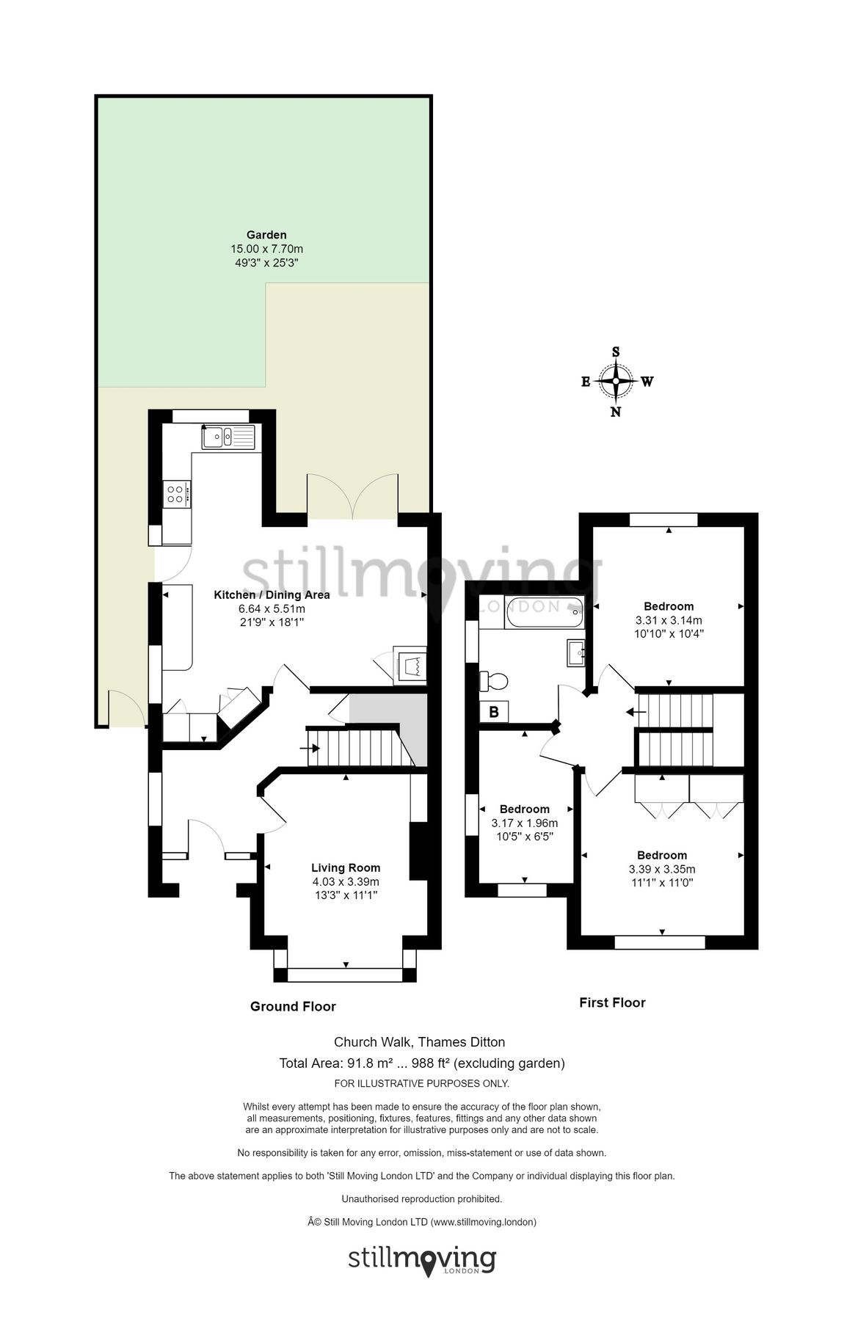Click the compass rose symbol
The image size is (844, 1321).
pyautogui.click(x=615, y=381)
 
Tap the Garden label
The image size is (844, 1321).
pyautogui.click(x=266, y=235)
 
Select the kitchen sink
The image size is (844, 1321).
pyautogui.click(x=228, y=437)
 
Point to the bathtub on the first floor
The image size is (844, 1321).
pyautogui.click(x=543, y=613)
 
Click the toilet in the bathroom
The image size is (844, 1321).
pyautogui.click(x=493, y=681)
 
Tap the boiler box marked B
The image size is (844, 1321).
pyautogui.click(x=494, y=711)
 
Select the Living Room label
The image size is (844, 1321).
pyautogui.click(x=345, y=867)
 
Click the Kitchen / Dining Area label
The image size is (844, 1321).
pyautogui.click(x=272, y=594)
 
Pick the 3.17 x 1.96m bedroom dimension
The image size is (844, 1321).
pyautogui.click(x=524, y=823)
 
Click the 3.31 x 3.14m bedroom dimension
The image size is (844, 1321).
pyautogui.click(x=669, y=619)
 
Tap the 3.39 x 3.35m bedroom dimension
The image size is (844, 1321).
pyautogui.click(x=661, y=869)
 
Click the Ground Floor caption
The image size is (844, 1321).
pyautogui.click(x=293, y=1006)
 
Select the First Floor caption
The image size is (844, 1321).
pyautogui.click(x=612, y=1002)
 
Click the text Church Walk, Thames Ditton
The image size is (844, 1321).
pyautogui.click(x=419, y=1041)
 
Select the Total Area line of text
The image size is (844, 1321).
pyautogui.click(x=421, y=1063)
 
